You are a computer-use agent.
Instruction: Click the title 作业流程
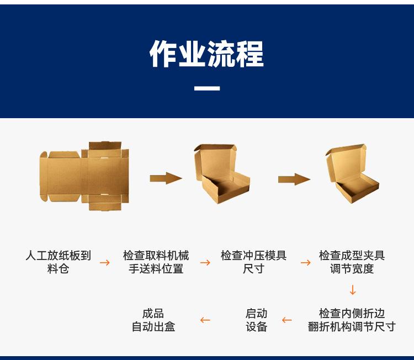click(x=207, y=54)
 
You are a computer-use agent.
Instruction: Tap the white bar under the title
click(x=207, y=88)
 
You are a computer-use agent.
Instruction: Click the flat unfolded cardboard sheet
click(x=84, y=176)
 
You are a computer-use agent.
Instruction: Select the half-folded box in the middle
click(x=222, y=173)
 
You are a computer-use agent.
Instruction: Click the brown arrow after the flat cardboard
click(x=166, y=178)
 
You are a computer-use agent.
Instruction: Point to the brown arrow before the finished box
click(x=294, y=179)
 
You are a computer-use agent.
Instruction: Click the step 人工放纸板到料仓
click(x=59, y=262)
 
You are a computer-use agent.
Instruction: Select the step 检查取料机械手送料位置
click(x=156, y=262)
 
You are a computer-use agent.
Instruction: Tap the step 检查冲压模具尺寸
click(x=253, y=262)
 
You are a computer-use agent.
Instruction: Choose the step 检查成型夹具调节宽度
click(x=352, y=262)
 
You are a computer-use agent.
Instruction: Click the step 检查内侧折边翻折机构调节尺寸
click(x=352, y=320)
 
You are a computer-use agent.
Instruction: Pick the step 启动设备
click(x=256, y=320)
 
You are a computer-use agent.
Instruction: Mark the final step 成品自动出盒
click(x=153, y=320)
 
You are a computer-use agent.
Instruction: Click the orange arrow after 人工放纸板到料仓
click(x=104, y=262)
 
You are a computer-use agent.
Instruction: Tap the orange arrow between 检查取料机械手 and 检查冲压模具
click(x=205, y=262)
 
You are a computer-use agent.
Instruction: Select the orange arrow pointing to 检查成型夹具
click(x=305, y=262)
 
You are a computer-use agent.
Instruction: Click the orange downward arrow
click(x=353, y=290)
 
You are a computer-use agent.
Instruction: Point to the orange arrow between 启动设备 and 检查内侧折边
click(x=286, y=320)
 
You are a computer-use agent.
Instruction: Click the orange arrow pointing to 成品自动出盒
click(x=205, y=320)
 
